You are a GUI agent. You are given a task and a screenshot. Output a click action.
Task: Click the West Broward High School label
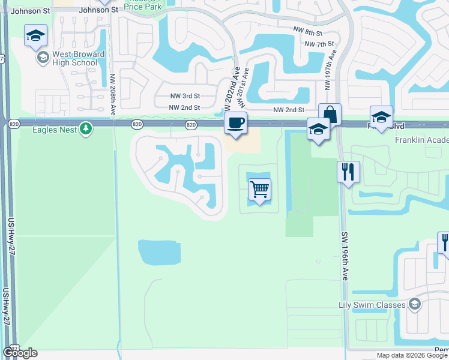tap(75, 58)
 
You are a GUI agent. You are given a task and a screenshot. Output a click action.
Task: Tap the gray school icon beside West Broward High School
tap(42, 58)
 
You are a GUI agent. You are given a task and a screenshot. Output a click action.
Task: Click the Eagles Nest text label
tap(52, 128)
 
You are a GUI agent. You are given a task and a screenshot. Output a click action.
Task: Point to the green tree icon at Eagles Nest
tap(86, 128)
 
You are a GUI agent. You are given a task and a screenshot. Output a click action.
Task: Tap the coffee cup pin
tap(235, 123)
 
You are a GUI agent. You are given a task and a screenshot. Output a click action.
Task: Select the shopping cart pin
tap(259, 190)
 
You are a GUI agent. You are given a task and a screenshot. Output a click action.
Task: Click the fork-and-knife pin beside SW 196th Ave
tap(348, 172)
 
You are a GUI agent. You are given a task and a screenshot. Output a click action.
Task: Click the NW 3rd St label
tap(183, 96)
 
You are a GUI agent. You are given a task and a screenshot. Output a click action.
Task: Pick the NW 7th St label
tap(319, 44)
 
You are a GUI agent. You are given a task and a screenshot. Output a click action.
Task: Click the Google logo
tap(20, 353)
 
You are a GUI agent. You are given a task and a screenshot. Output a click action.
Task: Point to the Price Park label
tap(143, 5)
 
